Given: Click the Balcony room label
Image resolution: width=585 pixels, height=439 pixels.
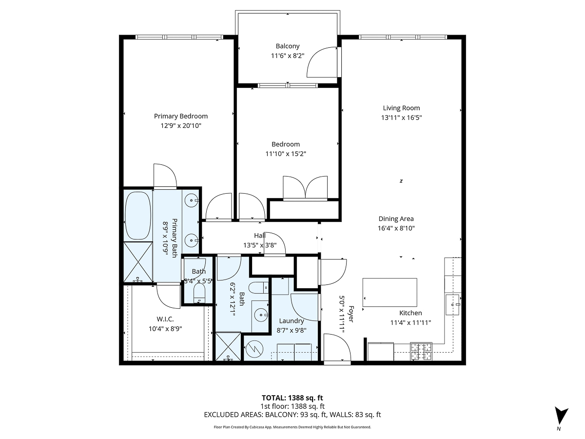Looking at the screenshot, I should (x=288, y=46).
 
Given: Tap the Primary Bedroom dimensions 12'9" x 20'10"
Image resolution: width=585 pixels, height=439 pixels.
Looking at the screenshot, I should (x=181, y=126).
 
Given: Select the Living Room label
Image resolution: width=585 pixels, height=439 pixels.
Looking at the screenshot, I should (x=401, y=108).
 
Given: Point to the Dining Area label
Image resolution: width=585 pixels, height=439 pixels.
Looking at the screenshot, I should (x=396, y=219).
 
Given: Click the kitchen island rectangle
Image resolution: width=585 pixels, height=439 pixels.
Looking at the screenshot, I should (x=390, y=292).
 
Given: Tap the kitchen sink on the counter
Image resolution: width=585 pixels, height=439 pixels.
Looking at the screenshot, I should (x=453, y=303).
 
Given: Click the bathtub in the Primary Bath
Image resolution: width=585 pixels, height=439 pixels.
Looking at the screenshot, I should (x=138, y=215).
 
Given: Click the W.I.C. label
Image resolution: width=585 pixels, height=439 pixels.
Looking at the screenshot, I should (x=165, y=319).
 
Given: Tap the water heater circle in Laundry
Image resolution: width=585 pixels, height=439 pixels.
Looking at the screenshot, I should (x=253, y=349).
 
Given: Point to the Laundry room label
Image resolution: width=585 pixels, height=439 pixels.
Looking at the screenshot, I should (x=292, y=321).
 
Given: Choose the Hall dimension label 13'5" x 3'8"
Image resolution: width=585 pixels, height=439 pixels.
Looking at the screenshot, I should (x=263, y=245).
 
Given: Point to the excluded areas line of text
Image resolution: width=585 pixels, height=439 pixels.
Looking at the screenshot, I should (x=292, y=415).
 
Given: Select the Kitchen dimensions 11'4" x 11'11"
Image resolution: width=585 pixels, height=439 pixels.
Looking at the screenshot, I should (x=410, y=322).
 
